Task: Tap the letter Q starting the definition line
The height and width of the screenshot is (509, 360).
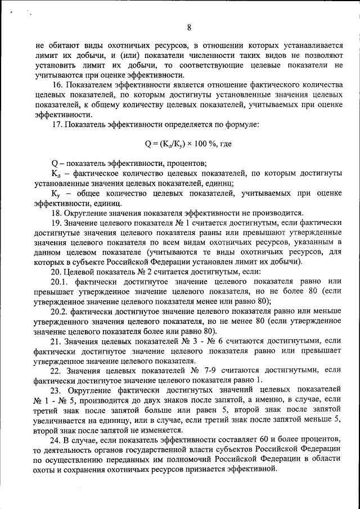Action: point(54,164)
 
